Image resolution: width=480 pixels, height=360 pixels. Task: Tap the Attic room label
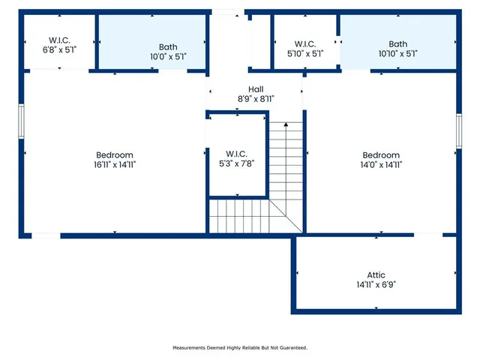(x=376, y=275)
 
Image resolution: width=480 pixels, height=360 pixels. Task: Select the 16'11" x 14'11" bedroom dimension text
(x=114, y=164)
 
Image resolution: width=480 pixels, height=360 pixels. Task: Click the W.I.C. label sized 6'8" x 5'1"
(x=59, y=40)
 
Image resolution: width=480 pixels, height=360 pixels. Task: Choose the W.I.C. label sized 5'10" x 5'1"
(x=305, y=44)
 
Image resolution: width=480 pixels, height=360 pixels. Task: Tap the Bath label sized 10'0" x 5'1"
(x=168, y=46)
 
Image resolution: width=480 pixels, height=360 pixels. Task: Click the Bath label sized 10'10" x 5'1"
(x=397, y=44)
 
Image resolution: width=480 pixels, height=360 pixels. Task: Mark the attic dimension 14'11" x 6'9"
(x=376, y=285)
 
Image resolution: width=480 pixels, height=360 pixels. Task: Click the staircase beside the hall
(x=286, y=172)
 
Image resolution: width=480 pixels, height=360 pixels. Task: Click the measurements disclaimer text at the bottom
(x=240, y=348)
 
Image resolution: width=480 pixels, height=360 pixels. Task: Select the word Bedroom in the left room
(x=114, y=154)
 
